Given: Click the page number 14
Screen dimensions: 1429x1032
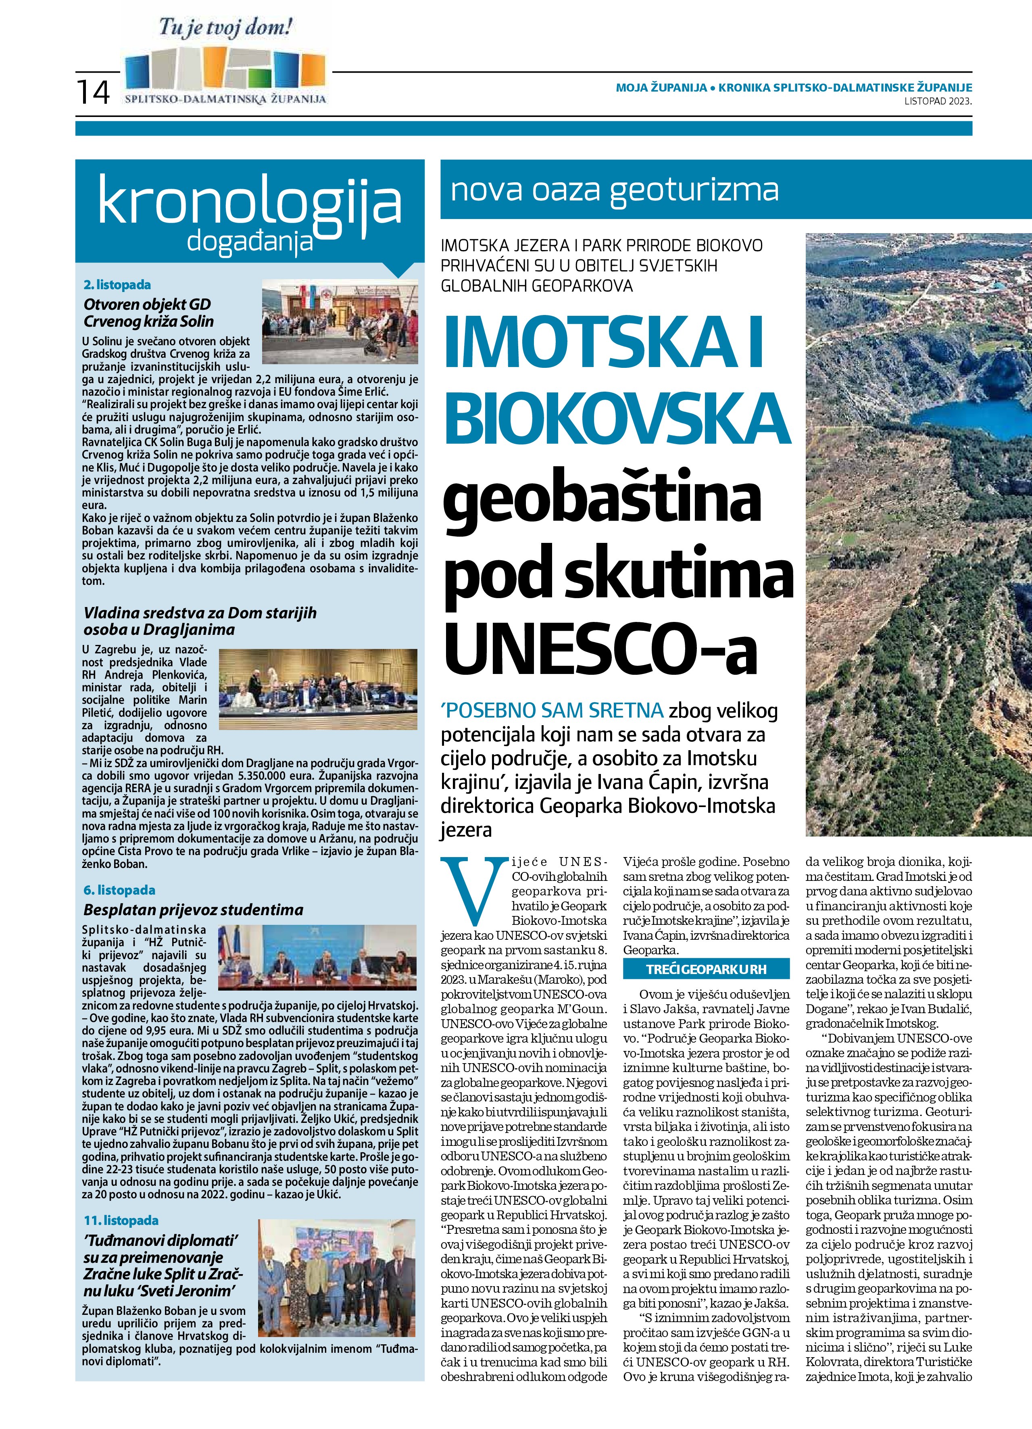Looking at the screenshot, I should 93,92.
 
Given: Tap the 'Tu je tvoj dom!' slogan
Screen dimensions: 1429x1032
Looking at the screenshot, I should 225,28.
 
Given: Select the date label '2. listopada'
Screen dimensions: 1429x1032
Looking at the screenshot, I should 117,285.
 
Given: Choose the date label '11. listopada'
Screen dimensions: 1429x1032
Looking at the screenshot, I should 121,1220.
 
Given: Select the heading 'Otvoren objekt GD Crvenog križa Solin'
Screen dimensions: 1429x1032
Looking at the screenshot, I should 149,313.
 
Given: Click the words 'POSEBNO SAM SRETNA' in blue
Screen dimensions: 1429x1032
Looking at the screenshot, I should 552,711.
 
